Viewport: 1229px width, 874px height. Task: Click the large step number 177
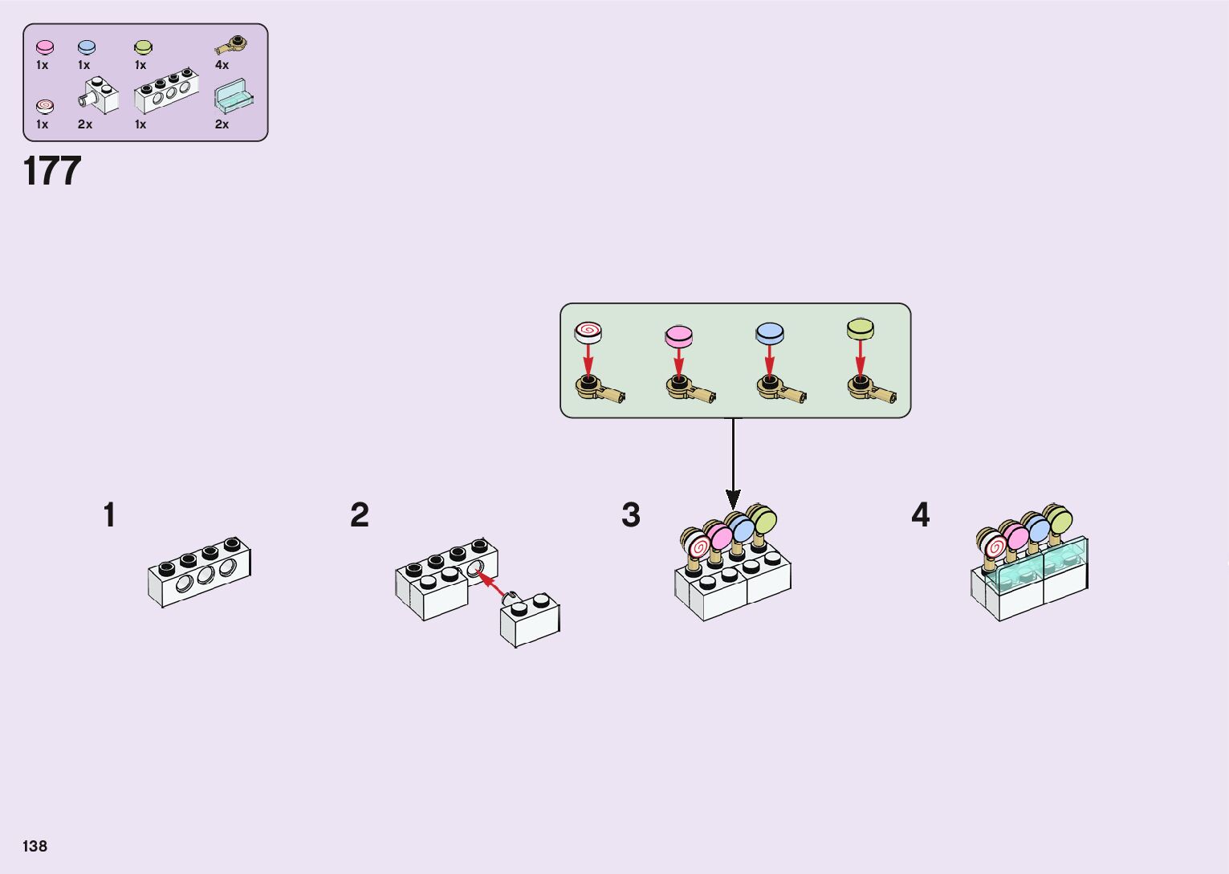pos(52,171)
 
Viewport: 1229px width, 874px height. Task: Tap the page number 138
pos(35,846)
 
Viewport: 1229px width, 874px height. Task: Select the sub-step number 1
pos(109,515)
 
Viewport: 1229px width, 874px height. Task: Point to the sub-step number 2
pos(359,515)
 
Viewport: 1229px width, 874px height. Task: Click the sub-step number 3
pos(631,515)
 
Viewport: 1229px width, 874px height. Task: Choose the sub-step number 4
pos(920,515)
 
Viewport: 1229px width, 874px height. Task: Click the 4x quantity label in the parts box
pos(222,65)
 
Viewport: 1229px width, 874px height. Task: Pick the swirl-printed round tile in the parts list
pos(45,106)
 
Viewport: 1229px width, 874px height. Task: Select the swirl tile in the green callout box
pos(588,331)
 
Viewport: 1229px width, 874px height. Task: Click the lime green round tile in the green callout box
pos(860,328)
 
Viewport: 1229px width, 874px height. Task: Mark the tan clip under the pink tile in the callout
pos(689,391)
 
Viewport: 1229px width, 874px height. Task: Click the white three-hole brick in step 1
pos(200,571)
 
